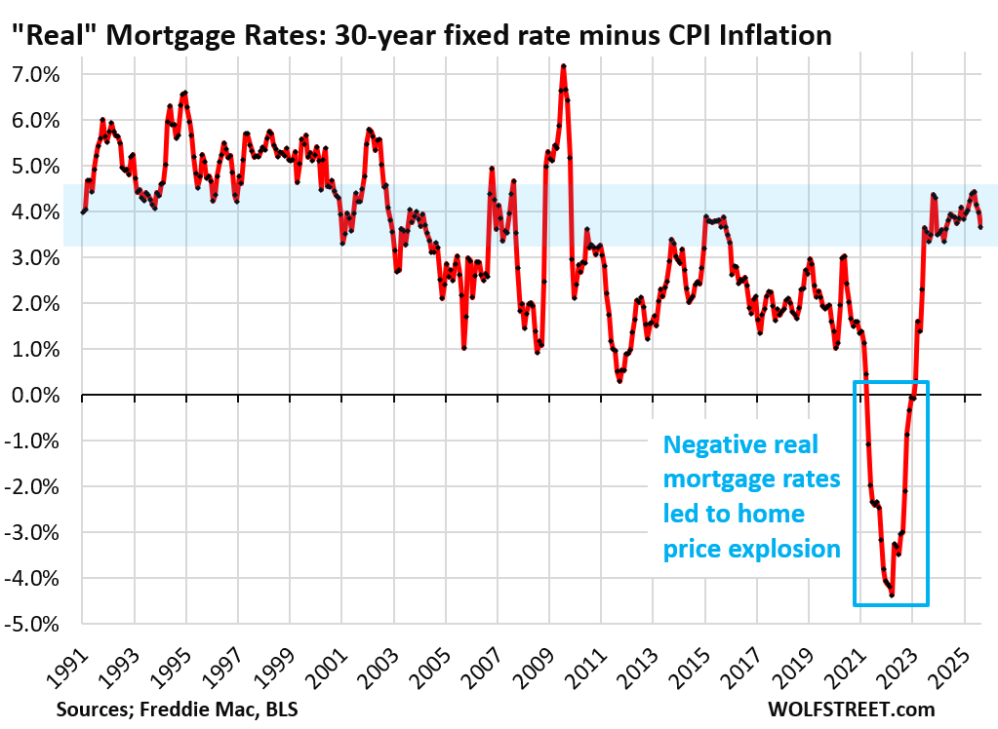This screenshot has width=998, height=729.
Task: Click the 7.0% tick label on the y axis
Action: click(34, 74)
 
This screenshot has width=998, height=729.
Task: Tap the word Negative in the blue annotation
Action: click(707, 444)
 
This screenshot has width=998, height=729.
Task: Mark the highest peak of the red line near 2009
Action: click(564, 66)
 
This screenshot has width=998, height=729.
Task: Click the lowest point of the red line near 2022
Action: click(892, 595)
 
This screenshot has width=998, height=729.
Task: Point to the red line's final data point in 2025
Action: click(980, 227)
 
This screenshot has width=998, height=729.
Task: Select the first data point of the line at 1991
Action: click(83, 212)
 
